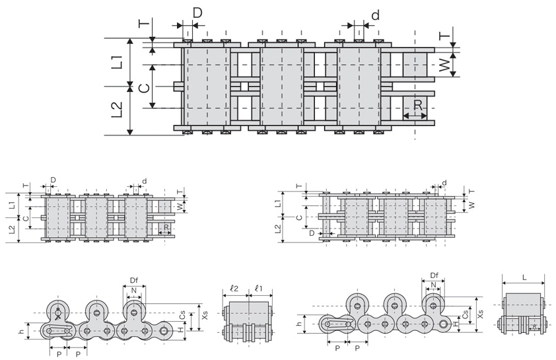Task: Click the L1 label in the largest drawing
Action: [118, 61]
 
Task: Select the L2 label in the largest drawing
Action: [118, 110]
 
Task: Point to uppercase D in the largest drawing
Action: [197, 13]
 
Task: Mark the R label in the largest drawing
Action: [418, 105]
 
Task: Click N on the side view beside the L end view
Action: [433, 286]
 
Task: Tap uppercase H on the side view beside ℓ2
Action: [183, 328]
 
